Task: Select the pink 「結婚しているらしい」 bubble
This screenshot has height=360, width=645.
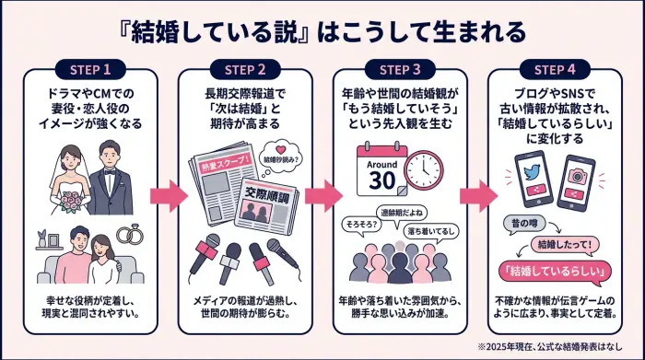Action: (x=555, y=271)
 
